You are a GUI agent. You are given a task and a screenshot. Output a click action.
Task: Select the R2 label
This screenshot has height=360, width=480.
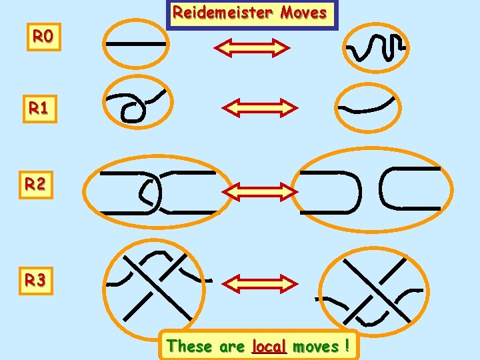pos(36,184)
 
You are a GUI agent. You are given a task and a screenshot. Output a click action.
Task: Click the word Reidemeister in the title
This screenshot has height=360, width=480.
pos(223,13)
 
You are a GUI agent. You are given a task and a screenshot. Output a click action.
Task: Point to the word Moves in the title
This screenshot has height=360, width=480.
pos(303,13)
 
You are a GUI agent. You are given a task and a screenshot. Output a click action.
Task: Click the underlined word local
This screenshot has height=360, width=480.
pos(269,346)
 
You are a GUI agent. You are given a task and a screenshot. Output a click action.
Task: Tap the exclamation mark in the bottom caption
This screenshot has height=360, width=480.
pos(347,346)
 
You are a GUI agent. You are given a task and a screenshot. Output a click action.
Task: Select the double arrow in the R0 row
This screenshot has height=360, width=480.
pos(252,48)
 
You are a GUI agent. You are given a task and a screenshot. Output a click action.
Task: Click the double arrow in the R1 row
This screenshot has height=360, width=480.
pos(259,107)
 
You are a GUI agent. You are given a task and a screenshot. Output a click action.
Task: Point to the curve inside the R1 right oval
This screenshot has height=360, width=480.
pos(367,107)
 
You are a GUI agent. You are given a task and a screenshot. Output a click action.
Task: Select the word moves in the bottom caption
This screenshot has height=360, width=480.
pos(315,346)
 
